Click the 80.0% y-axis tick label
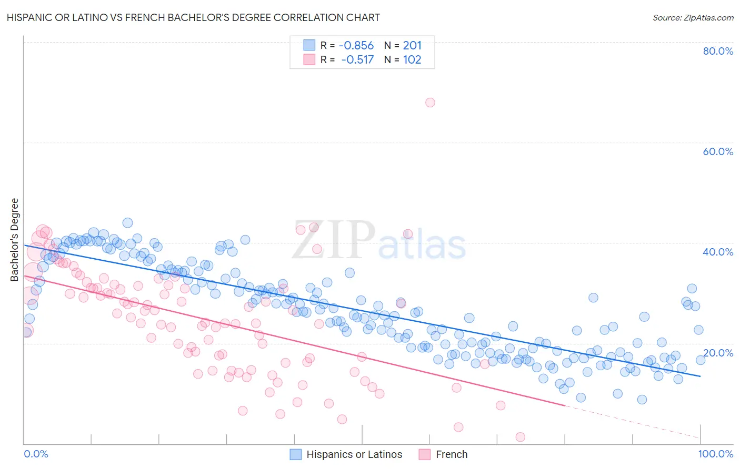(717, 51)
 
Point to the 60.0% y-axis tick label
(717, 151)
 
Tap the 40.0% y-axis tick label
(717, 252)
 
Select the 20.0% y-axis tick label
(717, 352)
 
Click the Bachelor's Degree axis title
(15, 239)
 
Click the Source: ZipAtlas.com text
(693, 17)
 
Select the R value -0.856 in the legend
(356, 46)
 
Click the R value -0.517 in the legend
(357, 59)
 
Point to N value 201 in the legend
(412, 46)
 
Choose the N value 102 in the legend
(412, 59)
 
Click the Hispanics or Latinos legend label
(354, 454)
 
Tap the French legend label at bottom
(452, 454)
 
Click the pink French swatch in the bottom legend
(425, 454)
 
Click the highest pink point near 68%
(430, 103)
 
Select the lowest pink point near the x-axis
(520, 437)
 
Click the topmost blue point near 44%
(127, 223)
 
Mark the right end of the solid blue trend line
(700, 376)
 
